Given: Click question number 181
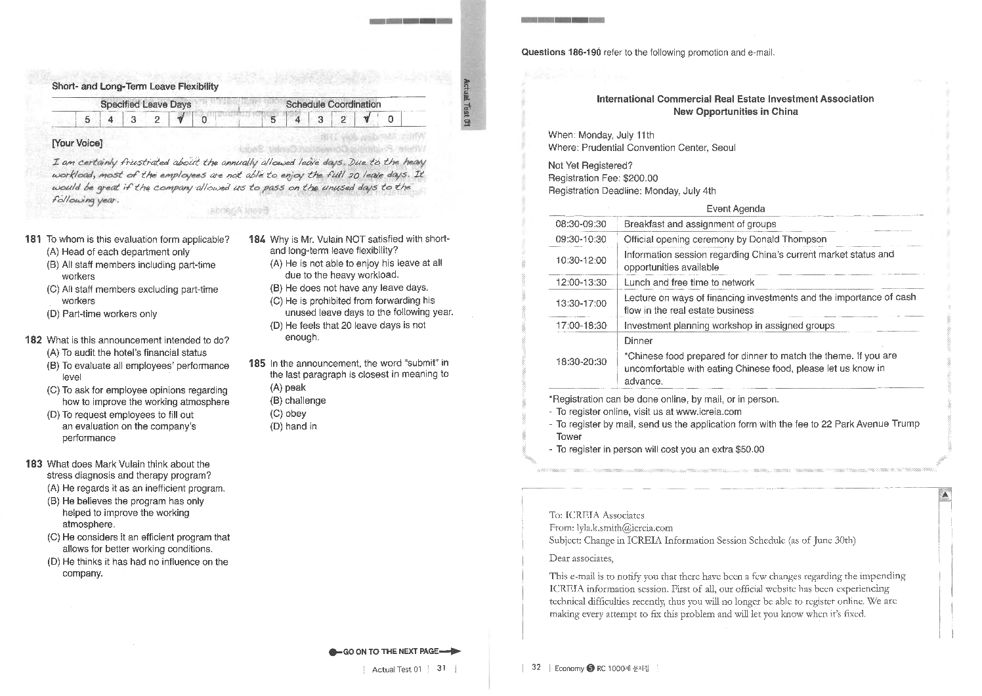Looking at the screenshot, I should pyautogui.click(x=34, y=240).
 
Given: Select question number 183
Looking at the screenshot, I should pyautogui.click(x=34, y=464).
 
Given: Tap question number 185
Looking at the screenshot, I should pyautogui.click(x=257, y=363).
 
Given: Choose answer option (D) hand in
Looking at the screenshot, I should pyautogui.click(x=293, y=427).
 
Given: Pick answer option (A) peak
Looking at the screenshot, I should pyautogui.click(x=288, y=388).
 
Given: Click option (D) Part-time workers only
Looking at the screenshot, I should pyautogui.click(x=102, y=315).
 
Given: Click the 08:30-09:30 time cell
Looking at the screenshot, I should pyautogui.click(x=581, y=224).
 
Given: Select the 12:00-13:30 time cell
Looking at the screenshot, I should pyautogui.click(x=581, y=283).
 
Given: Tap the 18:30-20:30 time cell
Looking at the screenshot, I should pyautogui.click(x=581, y=362).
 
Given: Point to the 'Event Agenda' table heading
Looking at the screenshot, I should pyautogui.click(x=735, y=209).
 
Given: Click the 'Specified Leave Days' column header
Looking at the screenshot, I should pyautogui.click(x=146, y=104).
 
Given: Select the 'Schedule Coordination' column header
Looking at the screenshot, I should pyautogui.click(x=333, y=104).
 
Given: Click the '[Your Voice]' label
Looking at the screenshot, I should pyautogui.click(x=77, y=144).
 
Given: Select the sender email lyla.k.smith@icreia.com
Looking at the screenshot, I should pyautogui.click(x=624, y=528).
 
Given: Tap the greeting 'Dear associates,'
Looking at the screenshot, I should pyautogui.click(x=581, y=559).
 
